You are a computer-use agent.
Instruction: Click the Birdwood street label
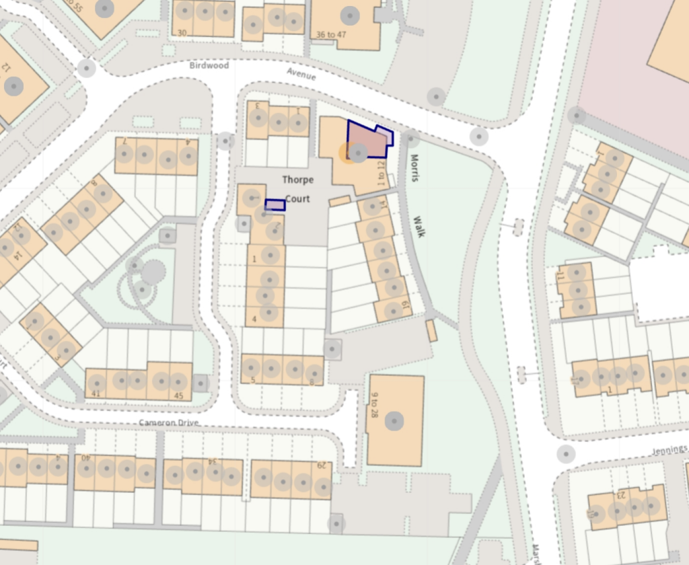coord(209,66)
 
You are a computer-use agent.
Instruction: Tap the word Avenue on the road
coord(301,75)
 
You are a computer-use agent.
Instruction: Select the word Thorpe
coord(297,180)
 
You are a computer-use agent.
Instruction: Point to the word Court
coord(297,199)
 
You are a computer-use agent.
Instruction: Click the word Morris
coord(414,168)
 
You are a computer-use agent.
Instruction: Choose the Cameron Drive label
coord(170,422)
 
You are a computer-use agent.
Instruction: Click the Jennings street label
coord(669,449)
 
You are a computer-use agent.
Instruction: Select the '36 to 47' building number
coord(331,35)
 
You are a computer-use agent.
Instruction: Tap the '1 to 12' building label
coord(382,174)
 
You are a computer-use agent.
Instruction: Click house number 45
coord(178,396)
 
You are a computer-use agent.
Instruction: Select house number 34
coord(212,462)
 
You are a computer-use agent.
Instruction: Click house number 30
coord(182,32)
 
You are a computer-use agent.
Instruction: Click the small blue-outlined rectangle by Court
coord(275,205)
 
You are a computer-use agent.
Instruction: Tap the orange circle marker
coord(347,153)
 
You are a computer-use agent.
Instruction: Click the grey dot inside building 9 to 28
coord(396,421)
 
